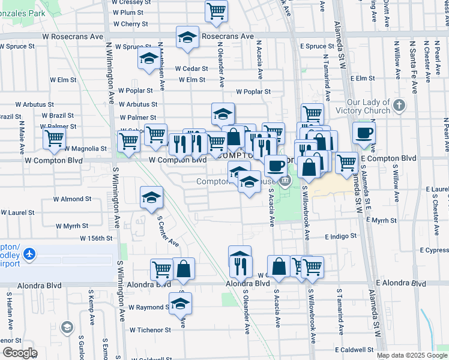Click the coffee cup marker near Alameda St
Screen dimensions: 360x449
click(x=364, y=133)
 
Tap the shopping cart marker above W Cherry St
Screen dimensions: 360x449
click(x=216, y=10)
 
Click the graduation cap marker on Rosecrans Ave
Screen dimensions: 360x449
click(x=187, y=37)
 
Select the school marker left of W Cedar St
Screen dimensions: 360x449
click(x=149, y=59)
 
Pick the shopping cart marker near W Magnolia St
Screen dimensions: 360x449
click(x=54, y=139)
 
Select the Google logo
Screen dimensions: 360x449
click(x=19, y=353)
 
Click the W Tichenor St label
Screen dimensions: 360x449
click(x=150, y=329)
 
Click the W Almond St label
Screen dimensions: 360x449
click(x=72, y=199)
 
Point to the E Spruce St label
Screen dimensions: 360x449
click(x=317, y=46)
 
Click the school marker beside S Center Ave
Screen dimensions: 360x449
click(x=151, y=197)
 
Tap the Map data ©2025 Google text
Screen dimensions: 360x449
click(x=412, y=355)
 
